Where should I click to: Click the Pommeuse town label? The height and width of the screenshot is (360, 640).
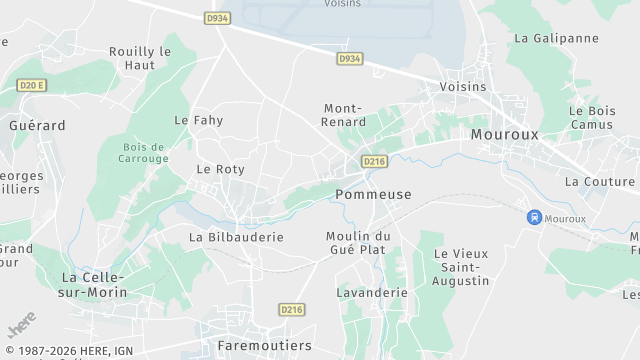coord(374,194)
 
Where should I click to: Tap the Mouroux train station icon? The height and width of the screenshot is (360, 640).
coord(535,217)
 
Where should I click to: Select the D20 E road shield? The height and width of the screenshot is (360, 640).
coord(32,86)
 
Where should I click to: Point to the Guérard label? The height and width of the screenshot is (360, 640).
coord(37,126)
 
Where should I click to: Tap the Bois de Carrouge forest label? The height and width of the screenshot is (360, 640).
coord(143,152)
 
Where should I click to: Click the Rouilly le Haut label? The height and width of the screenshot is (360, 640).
coord(140,57)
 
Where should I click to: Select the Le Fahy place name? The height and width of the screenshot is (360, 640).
coord(199,120)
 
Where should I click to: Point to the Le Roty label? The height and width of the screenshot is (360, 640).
coord(220,169)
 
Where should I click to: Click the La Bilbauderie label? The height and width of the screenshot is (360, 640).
coord(236,237)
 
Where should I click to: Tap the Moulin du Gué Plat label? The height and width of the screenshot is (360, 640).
coord(357,242)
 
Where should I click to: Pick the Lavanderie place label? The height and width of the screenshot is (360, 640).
coord(373,293)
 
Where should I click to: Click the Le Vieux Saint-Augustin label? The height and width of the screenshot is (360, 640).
coord(460,267)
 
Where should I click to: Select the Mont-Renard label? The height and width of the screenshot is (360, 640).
coord(345,115)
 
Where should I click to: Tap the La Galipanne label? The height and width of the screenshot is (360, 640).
coord(556,38)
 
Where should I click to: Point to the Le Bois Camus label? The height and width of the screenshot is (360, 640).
coord(591,117)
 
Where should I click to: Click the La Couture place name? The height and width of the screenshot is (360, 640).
coord(600,181)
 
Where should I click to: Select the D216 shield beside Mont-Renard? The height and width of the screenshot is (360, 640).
coord(374,161)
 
